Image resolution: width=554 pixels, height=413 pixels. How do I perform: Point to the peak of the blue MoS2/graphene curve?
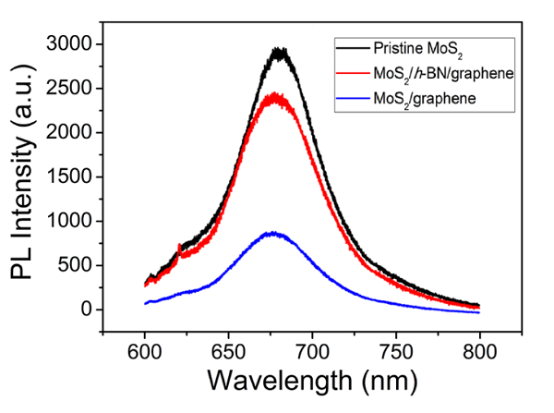273,234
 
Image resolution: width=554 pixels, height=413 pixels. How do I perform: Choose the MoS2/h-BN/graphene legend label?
436,72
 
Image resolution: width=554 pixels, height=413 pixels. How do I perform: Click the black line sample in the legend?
352,47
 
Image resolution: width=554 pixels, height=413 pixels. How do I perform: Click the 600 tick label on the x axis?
145,352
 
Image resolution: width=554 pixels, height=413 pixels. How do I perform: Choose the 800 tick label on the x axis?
479,352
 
